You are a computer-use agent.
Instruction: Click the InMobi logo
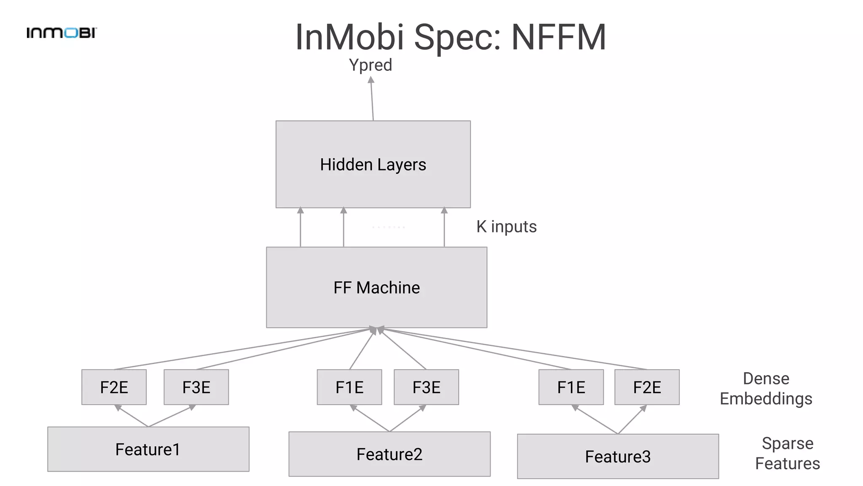(62, 33)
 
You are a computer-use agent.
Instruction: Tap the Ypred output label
(370, 65)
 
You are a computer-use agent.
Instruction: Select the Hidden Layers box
(373, 164)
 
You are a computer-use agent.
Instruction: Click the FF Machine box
(376, 287)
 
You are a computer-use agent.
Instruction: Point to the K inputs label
(507, 227)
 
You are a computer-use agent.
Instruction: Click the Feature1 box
(148, 449)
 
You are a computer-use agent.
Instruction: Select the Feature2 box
(389, 454)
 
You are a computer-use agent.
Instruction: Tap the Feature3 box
(618, 456)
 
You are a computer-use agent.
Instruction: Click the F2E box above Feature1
(114, 387)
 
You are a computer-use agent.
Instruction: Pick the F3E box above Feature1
(196, 387)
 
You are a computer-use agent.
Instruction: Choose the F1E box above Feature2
(349, 387)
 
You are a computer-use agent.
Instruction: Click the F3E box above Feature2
(426, 387)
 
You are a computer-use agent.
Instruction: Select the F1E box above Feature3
(571, 387)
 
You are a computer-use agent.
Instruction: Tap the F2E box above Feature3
(647, 387)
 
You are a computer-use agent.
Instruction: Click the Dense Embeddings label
(766, 389)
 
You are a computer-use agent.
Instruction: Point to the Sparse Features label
(787, 453)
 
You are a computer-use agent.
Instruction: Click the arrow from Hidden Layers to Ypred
(372, 99)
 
